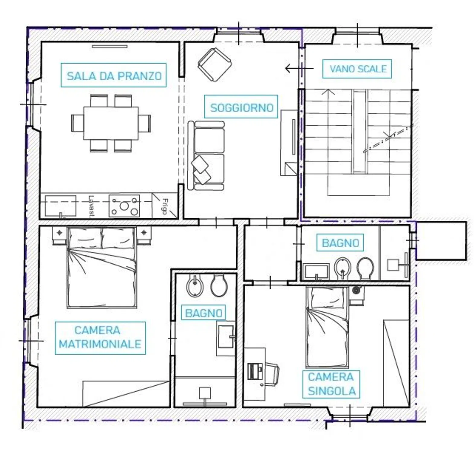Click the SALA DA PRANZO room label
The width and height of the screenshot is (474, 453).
(114, 75)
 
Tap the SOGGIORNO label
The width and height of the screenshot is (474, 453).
(241, 107)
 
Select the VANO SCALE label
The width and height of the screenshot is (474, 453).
(357, 69)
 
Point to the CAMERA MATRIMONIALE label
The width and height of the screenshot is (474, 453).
(100, 338)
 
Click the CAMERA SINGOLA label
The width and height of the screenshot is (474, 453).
(331, 384)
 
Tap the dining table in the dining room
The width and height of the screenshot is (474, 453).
(111, 123)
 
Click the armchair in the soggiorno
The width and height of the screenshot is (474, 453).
(215, 65)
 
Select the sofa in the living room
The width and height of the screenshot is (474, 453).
(206, 155)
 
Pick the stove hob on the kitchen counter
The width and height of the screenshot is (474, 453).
(124, 206)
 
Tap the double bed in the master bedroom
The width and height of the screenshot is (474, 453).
(102, 268)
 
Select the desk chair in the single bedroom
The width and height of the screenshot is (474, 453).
(272, 374)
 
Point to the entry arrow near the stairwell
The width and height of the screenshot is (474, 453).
(299, 69)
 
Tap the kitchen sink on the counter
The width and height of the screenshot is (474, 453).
(60, 206)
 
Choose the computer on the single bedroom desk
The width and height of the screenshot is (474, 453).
(255, 371)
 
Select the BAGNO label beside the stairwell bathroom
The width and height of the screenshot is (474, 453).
(340, 243)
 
